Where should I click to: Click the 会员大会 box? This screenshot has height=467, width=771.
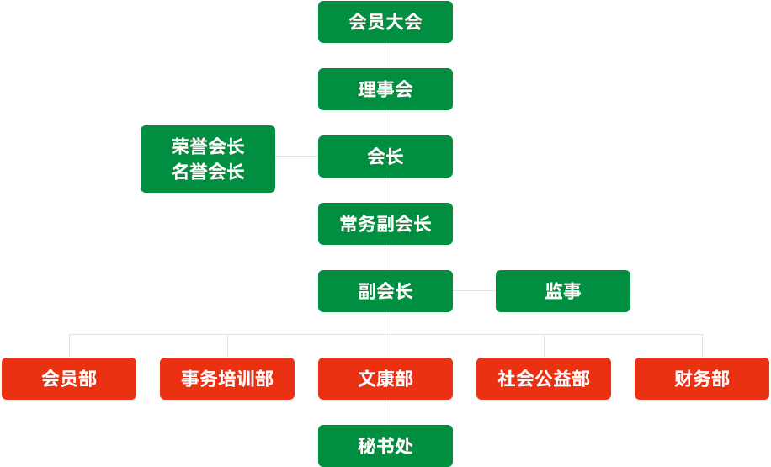coord(385,22)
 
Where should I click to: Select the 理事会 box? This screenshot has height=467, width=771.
coord(385,89)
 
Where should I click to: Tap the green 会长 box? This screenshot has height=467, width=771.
coord(385,157)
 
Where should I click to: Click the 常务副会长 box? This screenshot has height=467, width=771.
coord(385,224)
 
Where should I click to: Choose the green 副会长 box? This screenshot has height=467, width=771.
coord(385,291)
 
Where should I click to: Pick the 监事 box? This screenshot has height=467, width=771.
coord(563,291)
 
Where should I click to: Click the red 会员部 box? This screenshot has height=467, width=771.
coord(69,379)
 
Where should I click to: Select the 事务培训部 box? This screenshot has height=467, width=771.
coord(227,379)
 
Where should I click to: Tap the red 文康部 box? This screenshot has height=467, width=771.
coord(385,379)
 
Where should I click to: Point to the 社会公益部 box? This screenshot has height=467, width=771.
coord(544,379)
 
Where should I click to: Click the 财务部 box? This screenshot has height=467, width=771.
coord(702,379)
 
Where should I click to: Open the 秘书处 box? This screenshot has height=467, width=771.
coord(385,446)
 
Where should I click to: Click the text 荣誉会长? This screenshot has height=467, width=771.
coord(208,146)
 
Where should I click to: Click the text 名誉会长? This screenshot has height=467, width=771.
coord(208,172)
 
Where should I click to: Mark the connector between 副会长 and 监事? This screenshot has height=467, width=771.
coord(474,290)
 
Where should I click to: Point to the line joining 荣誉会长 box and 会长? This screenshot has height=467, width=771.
coord(296,156)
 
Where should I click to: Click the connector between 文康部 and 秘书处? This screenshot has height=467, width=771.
coord(385,412)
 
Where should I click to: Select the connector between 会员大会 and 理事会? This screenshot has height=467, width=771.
coord(385,56)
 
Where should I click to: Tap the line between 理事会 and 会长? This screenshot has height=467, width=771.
coord(385,123)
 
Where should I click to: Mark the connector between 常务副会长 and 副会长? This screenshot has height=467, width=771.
coord(385,257)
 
